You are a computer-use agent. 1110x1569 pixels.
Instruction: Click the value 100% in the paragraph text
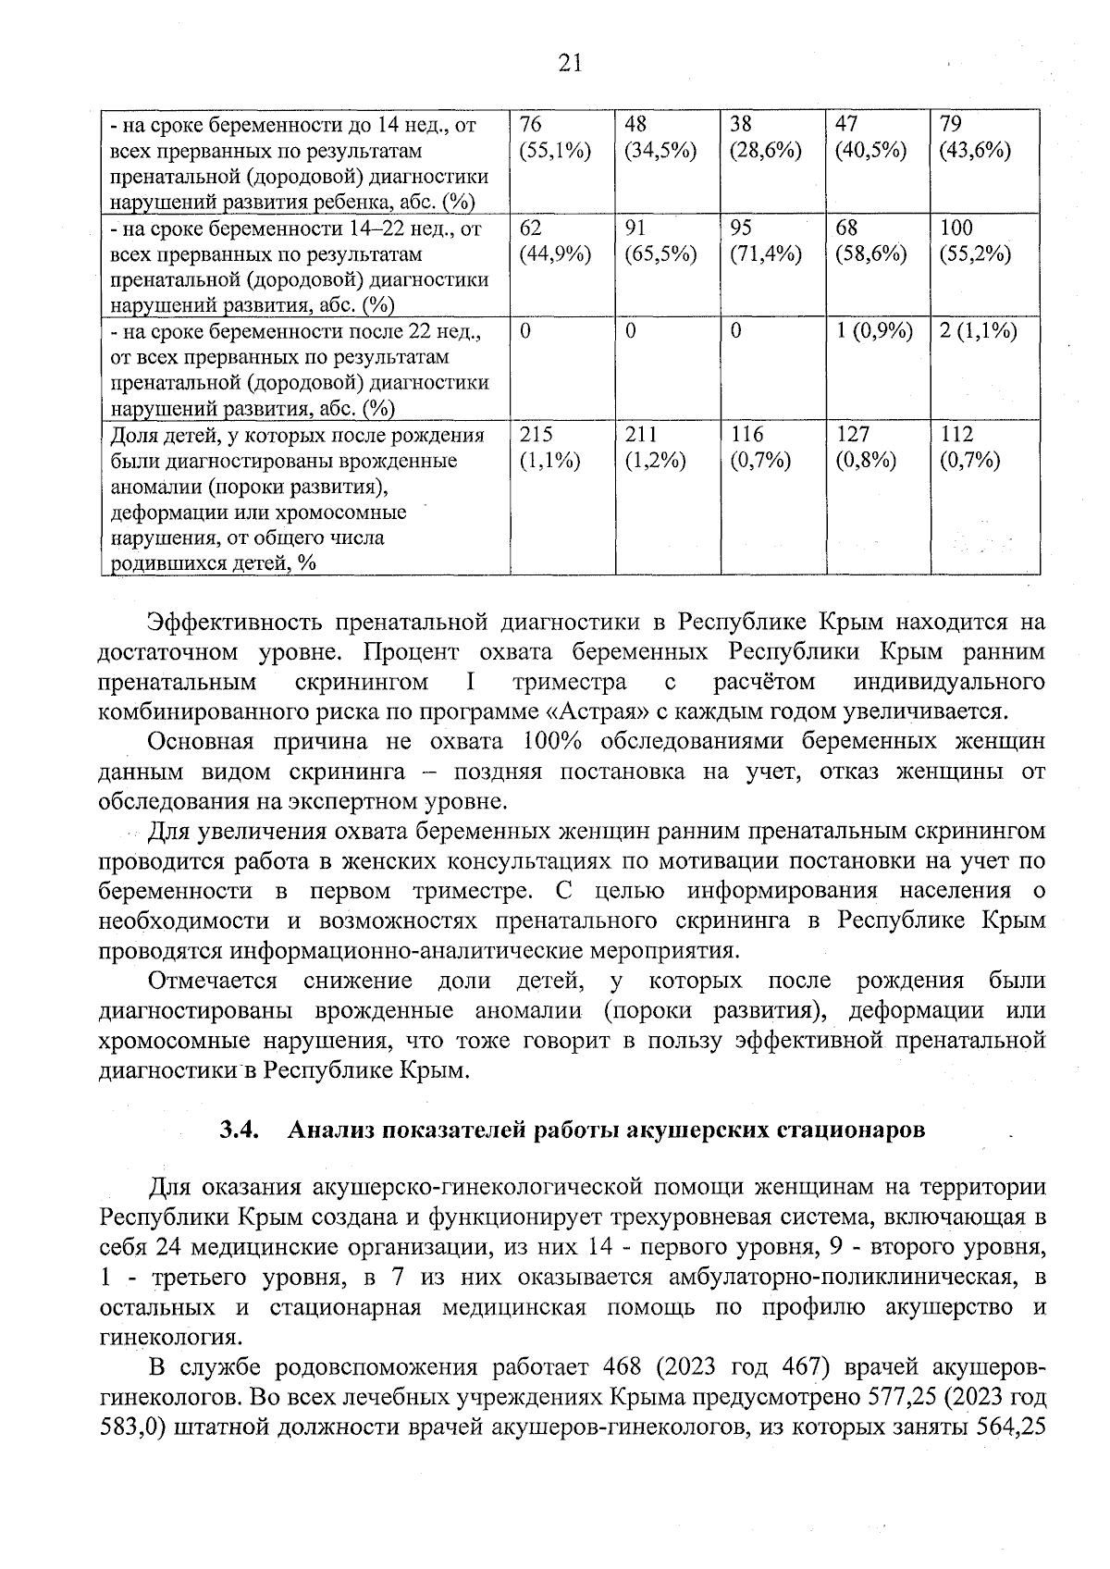pos(551,741)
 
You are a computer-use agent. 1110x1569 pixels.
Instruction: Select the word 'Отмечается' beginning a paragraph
pos(213,981)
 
